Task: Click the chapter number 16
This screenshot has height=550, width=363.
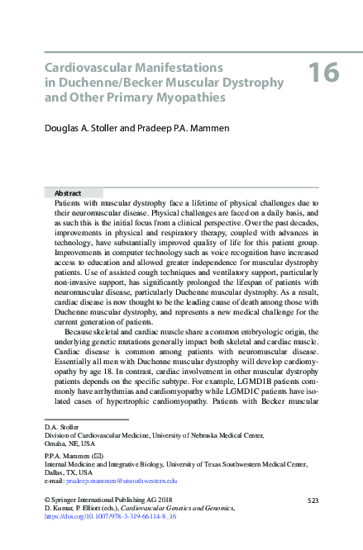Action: pyautogui.click(x=324, y=73)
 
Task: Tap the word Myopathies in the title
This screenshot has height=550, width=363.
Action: pyautogui.click(x=181, y=97)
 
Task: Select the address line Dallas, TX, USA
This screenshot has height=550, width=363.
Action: pyautogui.click(x=70, y=472)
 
